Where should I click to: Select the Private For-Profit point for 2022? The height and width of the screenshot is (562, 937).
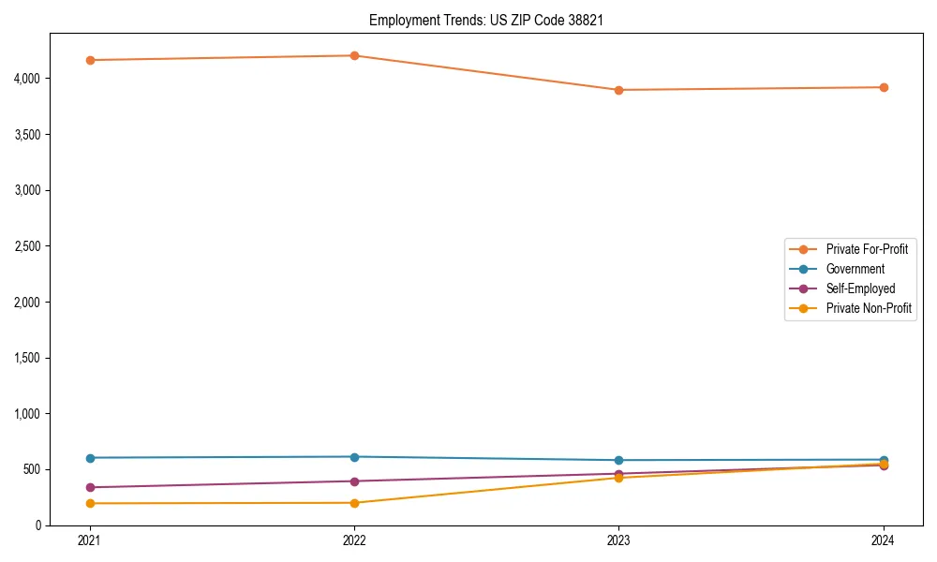click(354, 55)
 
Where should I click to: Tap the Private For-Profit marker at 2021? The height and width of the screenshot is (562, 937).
click(89, 60)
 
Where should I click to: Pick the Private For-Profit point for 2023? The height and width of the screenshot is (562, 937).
click(618, 90)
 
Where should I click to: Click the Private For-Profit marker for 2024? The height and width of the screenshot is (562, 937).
click(884, 87)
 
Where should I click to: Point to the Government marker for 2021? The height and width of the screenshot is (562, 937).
click(89, 458)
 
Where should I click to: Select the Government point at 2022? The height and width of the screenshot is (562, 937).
click(354, 457)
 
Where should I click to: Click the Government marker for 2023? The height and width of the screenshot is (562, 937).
click(618, 460)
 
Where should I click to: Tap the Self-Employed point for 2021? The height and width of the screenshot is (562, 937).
click(89, 487)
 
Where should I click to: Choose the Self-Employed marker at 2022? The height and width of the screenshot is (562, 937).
click(354, 481)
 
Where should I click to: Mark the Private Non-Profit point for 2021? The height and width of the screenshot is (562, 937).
click(89, 503)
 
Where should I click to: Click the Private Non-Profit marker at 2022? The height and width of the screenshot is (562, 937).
click(354, 503)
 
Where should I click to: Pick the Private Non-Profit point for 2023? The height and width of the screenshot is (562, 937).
click(618, 478)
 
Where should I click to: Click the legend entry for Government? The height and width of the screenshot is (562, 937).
click(855, 269)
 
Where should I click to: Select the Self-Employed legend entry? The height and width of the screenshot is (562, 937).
click(860, 288)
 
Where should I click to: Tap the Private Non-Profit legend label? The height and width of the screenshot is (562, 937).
click(869, 308)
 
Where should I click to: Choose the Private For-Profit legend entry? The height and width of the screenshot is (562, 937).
click(867, 249)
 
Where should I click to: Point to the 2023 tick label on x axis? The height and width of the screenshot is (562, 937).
click(618, 540)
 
